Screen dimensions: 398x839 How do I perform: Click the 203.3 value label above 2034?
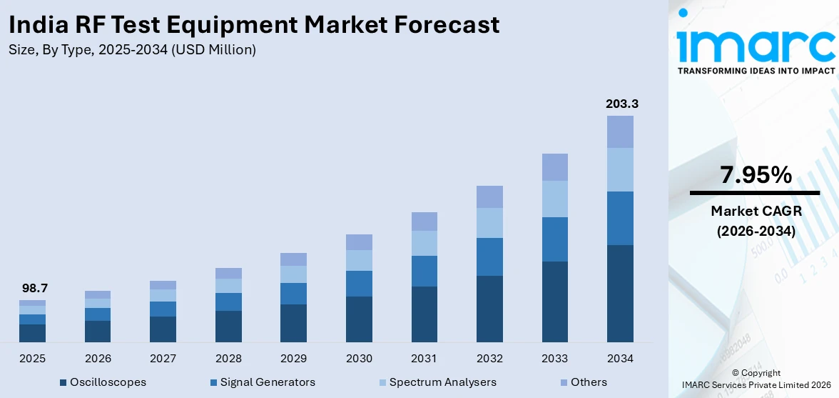[621, 104]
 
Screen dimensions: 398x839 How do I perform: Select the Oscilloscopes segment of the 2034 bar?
[620, 293]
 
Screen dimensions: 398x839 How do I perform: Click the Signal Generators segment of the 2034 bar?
[620, 218]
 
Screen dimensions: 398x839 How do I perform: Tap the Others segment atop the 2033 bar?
[555, 166]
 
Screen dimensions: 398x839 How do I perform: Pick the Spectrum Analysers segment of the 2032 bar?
[489, 222]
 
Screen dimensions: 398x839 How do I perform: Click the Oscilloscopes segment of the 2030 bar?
[359, 319]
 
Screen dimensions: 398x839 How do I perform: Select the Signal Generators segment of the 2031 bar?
[424, 271]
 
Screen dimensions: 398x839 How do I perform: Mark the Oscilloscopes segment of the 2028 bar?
[228, 326]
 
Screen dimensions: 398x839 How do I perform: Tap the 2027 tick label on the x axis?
[163, 358]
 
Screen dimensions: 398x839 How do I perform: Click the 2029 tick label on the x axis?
[293, 358]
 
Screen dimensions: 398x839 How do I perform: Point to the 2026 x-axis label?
[98, 358]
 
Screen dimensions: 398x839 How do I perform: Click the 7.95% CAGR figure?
[756, 174]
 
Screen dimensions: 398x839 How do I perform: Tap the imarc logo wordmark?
[756, 44]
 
